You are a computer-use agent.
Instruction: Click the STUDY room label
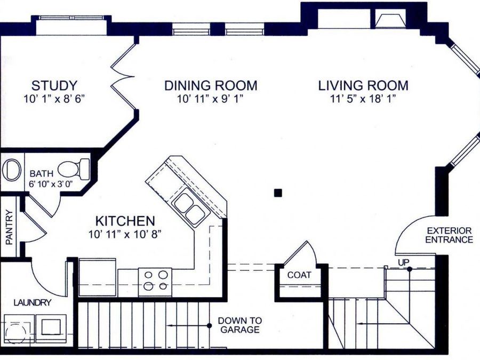click(x=54, y=85)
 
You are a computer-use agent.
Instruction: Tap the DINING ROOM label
click(x=211, y=85)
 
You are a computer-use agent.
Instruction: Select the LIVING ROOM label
click(x=363, y=85)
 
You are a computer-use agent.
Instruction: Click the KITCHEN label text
click(x=125, y=221)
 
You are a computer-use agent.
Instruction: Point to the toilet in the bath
click(x=74, y=169)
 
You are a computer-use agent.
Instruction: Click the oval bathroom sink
click(x=12, y=170)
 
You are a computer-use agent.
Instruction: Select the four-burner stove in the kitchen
click(x=155, y=282)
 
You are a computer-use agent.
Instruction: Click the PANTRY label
click(x=9, y=227)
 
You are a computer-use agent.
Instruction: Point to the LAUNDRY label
click(x=33, y=303)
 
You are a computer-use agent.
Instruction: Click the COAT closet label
click(x=299, y=275)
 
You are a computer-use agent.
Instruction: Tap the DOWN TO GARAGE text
click(x=240, y=325)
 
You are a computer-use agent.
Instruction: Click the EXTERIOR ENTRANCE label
click(x=449, y=235)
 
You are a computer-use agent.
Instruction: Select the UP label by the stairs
click(x=404, y=262)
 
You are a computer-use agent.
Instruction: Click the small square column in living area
click(x=278, y=193)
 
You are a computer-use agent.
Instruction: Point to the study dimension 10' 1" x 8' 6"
click(x=54, y=99)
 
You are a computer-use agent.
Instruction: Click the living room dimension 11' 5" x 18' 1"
click(x=363, y=99)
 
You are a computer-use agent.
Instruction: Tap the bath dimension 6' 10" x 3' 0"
click(x=53, y=185)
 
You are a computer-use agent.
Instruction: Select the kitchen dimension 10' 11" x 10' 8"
click(x=125, y=234)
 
